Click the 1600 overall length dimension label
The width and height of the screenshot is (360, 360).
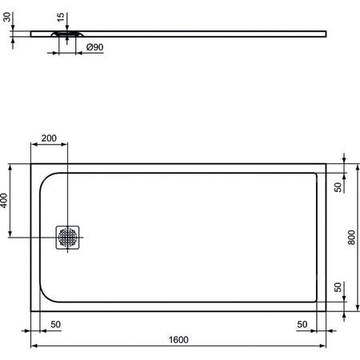click(178, 339)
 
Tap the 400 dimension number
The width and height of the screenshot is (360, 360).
click(6, 201)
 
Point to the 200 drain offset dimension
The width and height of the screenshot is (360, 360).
click(48, 138)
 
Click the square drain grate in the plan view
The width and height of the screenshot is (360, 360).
click(67, 237)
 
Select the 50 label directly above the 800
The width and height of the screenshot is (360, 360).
click(338, 187)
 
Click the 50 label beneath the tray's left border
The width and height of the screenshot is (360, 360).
click(55, 323)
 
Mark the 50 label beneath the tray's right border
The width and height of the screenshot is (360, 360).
click(302, 323)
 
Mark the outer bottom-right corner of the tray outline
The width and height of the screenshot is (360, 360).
click(326, 311)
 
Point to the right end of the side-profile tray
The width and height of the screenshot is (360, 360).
click(326, 33)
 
